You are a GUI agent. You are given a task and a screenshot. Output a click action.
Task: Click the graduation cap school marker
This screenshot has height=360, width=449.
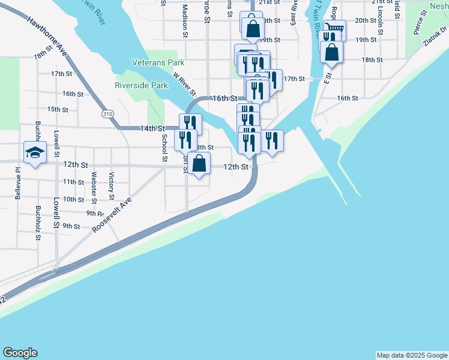coord(35,152)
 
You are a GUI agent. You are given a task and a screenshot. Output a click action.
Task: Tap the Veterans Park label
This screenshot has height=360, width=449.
coord(158,62)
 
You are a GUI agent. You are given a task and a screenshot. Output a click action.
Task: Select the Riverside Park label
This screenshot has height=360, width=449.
coord(142,86)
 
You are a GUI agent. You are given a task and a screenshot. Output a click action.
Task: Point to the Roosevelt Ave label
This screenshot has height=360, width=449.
coord(112,217)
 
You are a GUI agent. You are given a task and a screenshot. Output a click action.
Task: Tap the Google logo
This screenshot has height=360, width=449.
coord(20,353)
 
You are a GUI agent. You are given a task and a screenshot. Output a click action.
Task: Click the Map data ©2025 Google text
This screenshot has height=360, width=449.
coord(411,355)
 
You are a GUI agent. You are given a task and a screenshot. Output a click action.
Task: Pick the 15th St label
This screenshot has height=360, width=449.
coord(58,109)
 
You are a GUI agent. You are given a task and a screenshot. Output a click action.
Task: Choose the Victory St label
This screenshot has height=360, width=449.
coord(112,185)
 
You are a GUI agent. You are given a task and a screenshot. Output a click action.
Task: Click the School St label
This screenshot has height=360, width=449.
coord(163,148)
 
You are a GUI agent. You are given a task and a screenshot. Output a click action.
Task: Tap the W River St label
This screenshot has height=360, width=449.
coord(184,85)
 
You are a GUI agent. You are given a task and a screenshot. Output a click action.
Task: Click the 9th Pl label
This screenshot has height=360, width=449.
coord(95,213)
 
